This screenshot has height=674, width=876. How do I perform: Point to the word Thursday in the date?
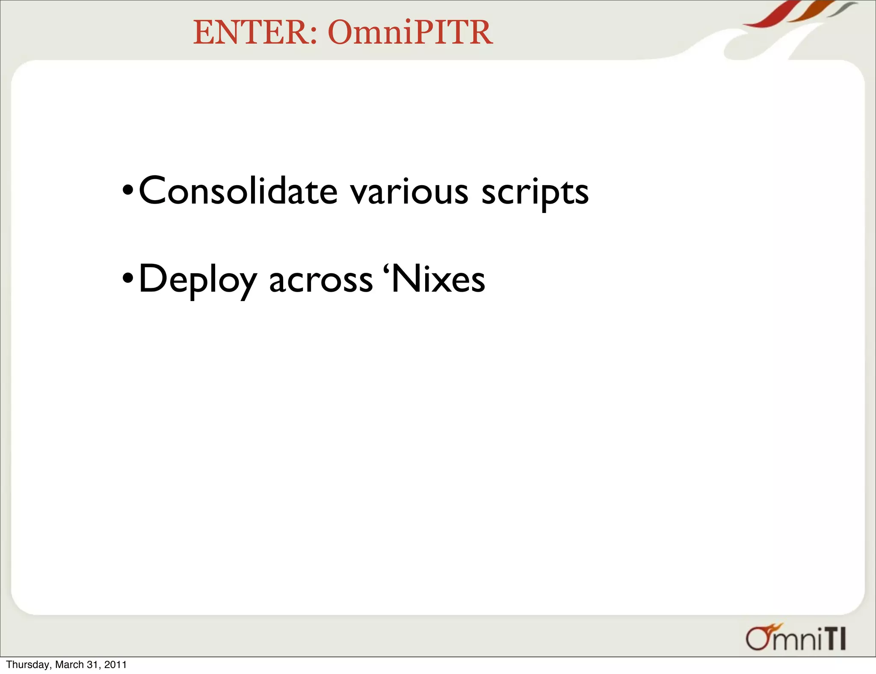pyautogui.click(x=28, y=665)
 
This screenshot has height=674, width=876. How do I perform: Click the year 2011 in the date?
pyautogui.click(x=115, y=665)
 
